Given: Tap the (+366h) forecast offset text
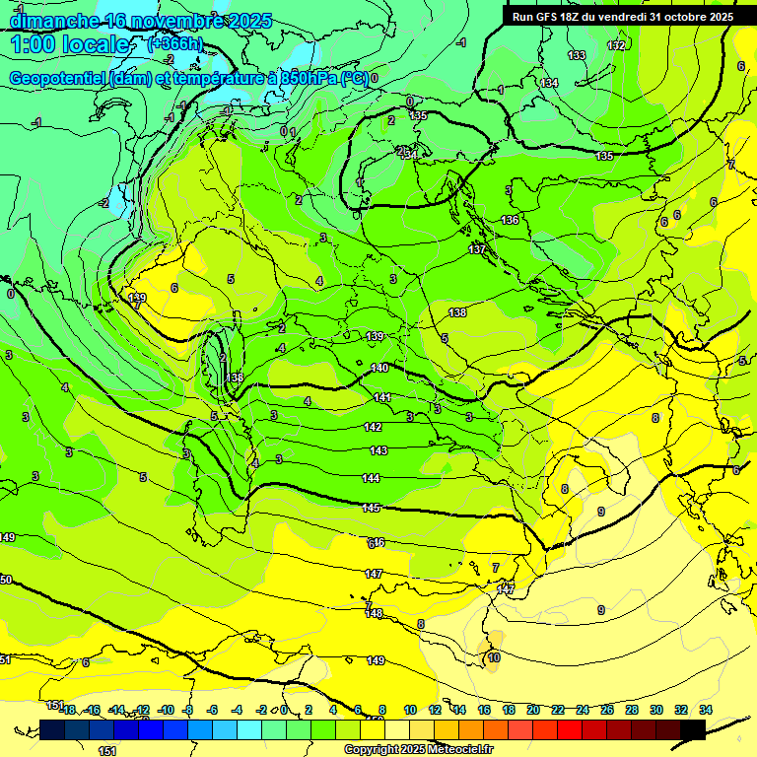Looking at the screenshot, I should point(174,43).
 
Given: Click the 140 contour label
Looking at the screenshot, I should point(380,368).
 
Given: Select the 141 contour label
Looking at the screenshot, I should point(382,397).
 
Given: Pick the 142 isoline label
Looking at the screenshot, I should point(374,427).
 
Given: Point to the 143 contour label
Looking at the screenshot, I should point(378,450).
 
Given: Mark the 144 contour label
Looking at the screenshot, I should point(372,478).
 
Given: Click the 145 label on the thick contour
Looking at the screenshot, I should point(372,508).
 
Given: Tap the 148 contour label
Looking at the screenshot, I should point(374,613).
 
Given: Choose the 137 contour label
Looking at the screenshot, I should point(477,249).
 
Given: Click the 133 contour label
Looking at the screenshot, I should point(577,55).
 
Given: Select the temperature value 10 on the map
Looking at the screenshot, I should point(494,657).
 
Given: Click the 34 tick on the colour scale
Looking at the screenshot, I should point(706,710).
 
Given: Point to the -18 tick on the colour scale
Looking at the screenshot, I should point(68,710).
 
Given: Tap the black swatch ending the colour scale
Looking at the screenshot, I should point(693,729).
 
